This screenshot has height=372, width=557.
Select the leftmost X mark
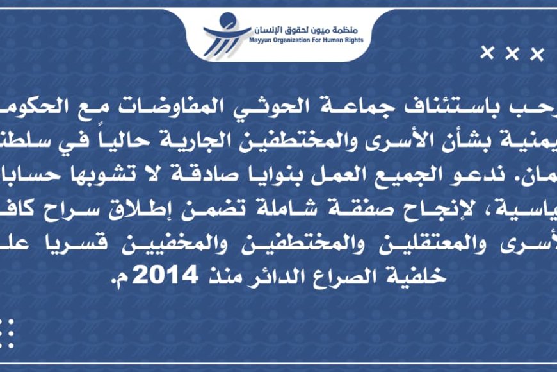click(488, 53)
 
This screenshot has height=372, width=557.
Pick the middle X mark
click(512, 53)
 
